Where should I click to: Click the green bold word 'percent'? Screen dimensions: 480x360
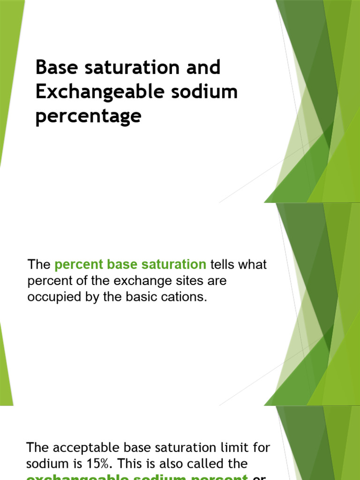(78, 265)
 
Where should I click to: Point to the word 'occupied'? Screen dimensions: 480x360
(51, 298)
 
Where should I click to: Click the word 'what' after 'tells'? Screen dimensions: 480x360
(253, 265)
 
